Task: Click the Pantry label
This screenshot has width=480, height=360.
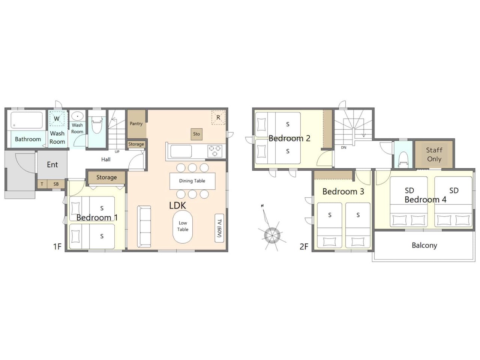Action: click(x=136, y=124)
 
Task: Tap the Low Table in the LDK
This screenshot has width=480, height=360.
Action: click(x=183, y=226)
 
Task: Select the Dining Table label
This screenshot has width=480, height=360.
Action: click(x=192, y=181)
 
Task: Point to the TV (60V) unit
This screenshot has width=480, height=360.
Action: click(x=219, y=228)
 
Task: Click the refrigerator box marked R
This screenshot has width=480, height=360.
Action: click(x=218, y=118)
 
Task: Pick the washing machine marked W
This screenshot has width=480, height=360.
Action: click(x=57, y=119)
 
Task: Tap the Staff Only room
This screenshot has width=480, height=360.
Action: click(x=434, y=154)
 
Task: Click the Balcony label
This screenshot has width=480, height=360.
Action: click(x=424, y=246)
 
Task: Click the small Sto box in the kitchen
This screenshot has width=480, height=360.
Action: click(x=196, y=134)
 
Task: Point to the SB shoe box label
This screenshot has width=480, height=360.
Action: click(x=56, y=184)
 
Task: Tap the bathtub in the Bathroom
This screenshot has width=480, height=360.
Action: click(x=27, y=120)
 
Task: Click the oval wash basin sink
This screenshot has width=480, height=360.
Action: click(x=77, y=116)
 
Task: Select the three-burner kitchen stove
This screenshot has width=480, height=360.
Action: click(x=215, y=151)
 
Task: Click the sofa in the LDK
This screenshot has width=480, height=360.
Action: click(x=144, y=226)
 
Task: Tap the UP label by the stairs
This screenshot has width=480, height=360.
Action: click(x=117, y=152)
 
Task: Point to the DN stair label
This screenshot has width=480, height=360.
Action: click(x=343, y=147)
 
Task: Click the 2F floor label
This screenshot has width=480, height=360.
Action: click(x=304, y=246)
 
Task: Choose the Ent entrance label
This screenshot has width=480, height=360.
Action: click(x=52, y=165)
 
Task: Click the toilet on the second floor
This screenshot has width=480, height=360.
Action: click(x=403, y=160)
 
